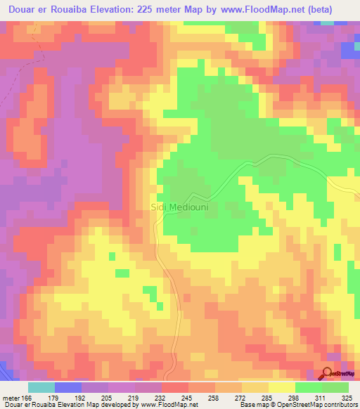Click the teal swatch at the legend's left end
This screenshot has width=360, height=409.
pos(41,387)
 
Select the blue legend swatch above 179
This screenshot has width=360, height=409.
pos(68,387)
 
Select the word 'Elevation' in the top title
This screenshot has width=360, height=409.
pos(115,9)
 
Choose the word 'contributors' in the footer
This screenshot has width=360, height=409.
pos(340,405)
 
